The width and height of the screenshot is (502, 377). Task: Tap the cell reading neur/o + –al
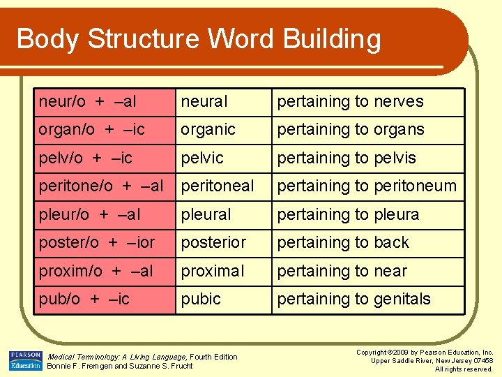[88, 102]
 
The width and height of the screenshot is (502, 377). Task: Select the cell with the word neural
[204, 102]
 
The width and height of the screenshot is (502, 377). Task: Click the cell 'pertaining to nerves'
[350, 102]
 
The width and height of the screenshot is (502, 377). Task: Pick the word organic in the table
[208, 130]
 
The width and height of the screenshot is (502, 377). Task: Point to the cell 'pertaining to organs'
[350, 130]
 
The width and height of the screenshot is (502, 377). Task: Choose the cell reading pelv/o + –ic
[85, 158]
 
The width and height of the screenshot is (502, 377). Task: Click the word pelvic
[202, 158]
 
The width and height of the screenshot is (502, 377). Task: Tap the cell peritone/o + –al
[101, 186]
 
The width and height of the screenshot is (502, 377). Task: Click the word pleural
[206, 214]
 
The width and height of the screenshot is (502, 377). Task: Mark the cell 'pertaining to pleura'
[348, 214]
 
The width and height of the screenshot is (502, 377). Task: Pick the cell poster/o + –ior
[97, 243]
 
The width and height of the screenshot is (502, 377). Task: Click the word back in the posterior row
[391, 243]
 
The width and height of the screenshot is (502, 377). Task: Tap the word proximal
[213, 271]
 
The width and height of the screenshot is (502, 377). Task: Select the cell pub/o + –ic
[84, 300]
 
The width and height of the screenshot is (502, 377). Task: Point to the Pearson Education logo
[25, 360]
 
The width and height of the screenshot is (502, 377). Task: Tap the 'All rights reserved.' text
[464, 369]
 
